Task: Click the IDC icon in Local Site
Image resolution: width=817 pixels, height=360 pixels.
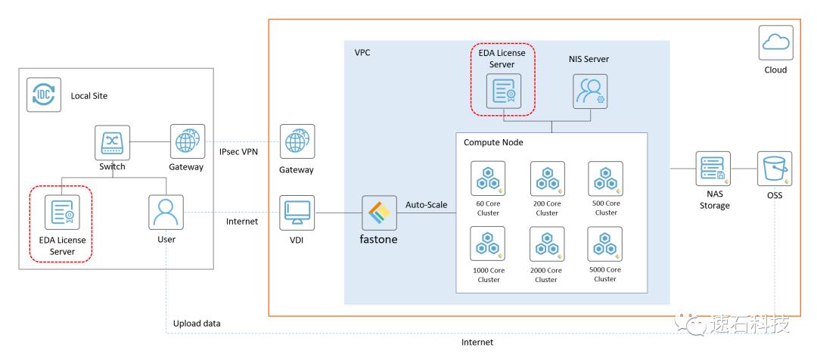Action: tap(44, 95)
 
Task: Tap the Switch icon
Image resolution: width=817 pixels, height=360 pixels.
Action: tap(112, 142)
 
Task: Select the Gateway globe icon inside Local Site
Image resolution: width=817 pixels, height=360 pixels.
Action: tap(188, 141)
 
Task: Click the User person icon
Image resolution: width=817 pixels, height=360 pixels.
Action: tap(166, 212)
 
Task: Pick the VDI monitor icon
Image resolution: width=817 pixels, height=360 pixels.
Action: tap(297, 213)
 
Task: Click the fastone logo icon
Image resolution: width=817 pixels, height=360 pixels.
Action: tap(379, 213)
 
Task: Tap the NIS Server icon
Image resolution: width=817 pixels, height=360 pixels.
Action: tap(590, 92)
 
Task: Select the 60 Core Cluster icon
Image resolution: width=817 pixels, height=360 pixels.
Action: tap(488, 178)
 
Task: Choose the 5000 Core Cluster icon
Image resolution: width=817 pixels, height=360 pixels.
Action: tap(605, 244)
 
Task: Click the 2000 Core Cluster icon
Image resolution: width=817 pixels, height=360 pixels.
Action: tap(547, 244)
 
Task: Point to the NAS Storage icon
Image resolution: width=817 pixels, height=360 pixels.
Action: tap(713, 169)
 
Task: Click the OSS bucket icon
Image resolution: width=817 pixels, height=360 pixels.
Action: tap(775, 169)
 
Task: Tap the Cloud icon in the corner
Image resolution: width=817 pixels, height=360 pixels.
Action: tap(776, 42)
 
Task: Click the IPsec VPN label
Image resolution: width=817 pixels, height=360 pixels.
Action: tap(239, 151)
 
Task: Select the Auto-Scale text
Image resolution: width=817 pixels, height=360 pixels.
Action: tap(426, 205)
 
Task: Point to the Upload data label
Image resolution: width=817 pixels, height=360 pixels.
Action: tap(197, 324)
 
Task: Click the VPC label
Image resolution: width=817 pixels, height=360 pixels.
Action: tap(362, 53)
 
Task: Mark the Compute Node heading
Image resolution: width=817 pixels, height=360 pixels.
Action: tap(493, 142)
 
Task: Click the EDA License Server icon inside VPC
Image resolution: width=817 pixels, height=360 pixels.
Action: tap(504, 92)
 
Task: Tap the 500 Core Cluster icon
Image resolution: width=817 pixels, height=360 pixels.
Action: tap(605, 178)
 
